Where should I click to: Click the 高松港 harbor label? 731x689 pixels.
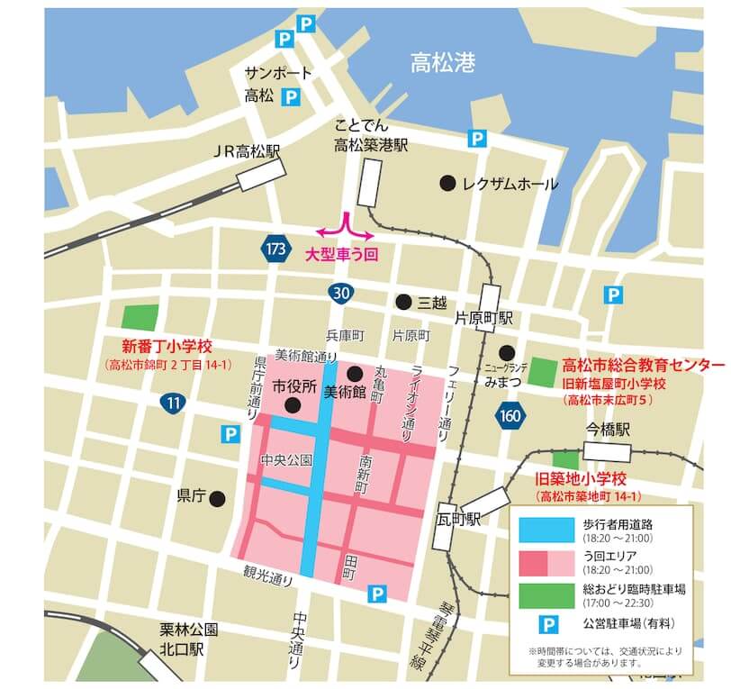pos(443,63)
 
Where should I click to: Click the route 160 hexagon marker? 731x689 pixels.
pos(509,414)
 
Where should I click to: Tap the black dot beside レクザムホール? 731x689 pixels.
pos(447,184)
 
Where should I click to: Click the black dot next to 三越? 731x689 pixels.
pos(403,302)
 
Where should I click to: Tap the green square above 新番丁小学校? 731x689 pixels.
pos(139,317)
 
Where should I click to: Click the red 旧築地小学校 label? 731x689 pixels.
pos(581,478)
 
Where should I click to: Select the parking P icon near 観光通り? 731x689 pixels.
pos(377,594)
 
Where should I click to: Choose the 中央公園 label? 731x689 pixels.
pos(286,459)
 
